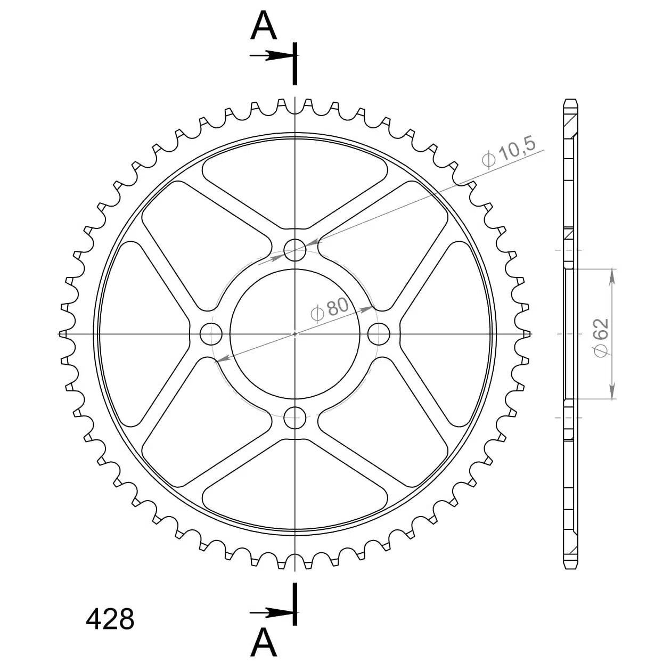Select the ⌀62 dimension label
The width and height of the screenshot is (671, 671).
click(602, 338)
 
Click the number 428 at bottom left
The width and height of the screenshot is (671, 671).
click(110, 619)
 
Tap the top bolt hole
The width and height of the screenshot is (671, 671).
click(295, 250)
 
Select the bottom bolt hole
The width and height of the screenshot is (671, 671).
click(295, 418)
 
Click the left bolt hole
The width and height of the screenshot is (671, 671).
click(211, 334)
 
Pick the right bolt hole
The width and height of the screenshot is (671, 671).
click(379, 334)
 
